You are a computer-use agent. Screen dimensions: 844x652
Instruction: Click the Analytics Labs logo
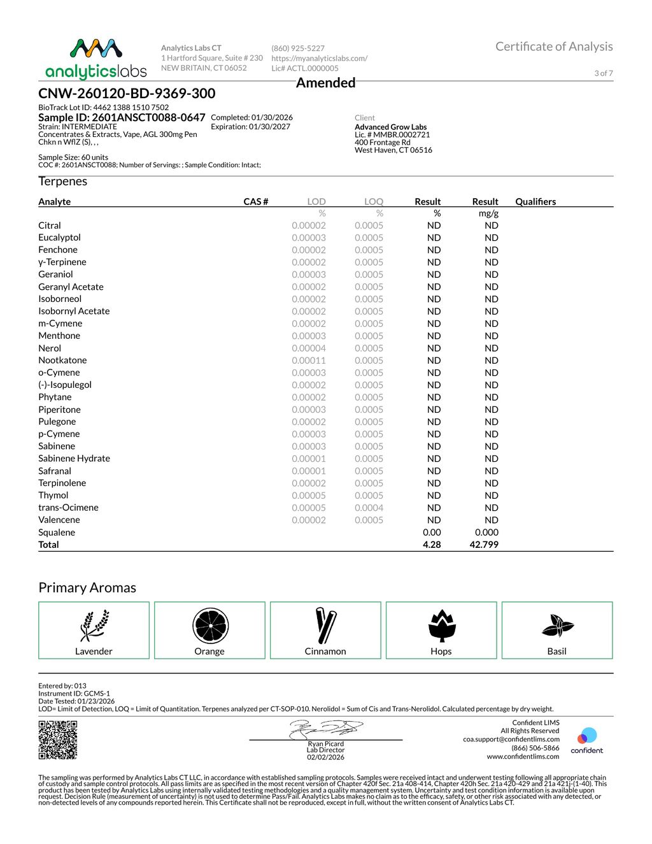(x=96, y=59)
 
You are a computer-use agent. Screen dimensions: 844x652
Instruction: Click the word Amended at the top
(x=325, y=83)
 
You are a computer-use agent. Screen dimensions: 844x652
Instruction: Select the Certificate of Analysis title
(x=554, y=46)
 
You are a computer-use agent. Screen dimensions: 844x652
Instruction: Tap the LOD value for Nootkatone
(x=309, y=360)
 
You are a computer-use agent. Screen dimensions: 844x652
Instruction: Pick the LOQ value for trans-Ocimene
(x=369, y=508)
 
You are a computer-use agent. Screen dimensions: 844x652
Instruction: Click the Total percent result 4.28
(x=432, y=545)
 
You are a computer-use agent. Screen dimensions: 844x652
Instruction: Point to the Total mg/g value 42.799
(x=484, y=545)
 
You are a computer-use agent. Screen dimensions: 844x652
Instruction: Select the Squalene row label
(x=57, y=533)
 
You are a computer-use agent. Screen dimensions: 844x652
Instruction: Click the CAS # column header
(x=255, y=201)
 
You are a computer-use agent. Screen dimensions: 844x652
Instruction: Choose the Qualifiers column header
(x=535, y=201)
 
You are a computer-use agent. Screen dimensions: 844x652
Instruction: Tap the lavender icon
(x=94, y=626)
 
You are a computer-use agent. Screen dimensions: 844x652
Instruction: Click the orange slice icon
(x=210, y=626)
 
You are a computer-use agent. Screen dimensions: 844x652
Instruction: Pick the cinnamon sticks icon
(x=325, y=626)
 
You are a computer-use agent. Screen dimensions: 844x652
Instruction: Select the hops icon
(x=441, y=626)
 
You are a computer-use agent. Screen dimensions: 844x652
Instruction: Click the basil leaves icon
(x=557, y=626)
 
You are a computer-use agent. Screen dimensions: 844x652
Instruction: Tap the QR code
(x=58, y=740)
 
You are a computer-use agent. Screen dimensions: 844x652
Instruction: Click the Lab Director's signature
(x=326, y=729)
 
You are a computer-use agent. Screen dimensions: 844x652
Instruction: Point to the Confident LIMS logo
(x=586, y=740)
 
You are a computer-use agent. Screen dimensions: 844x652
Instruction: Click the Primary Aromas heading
(x=87, y=587)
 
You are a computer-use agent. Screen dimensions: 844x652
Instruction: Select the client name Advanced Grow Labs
(x=390, y=127)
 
